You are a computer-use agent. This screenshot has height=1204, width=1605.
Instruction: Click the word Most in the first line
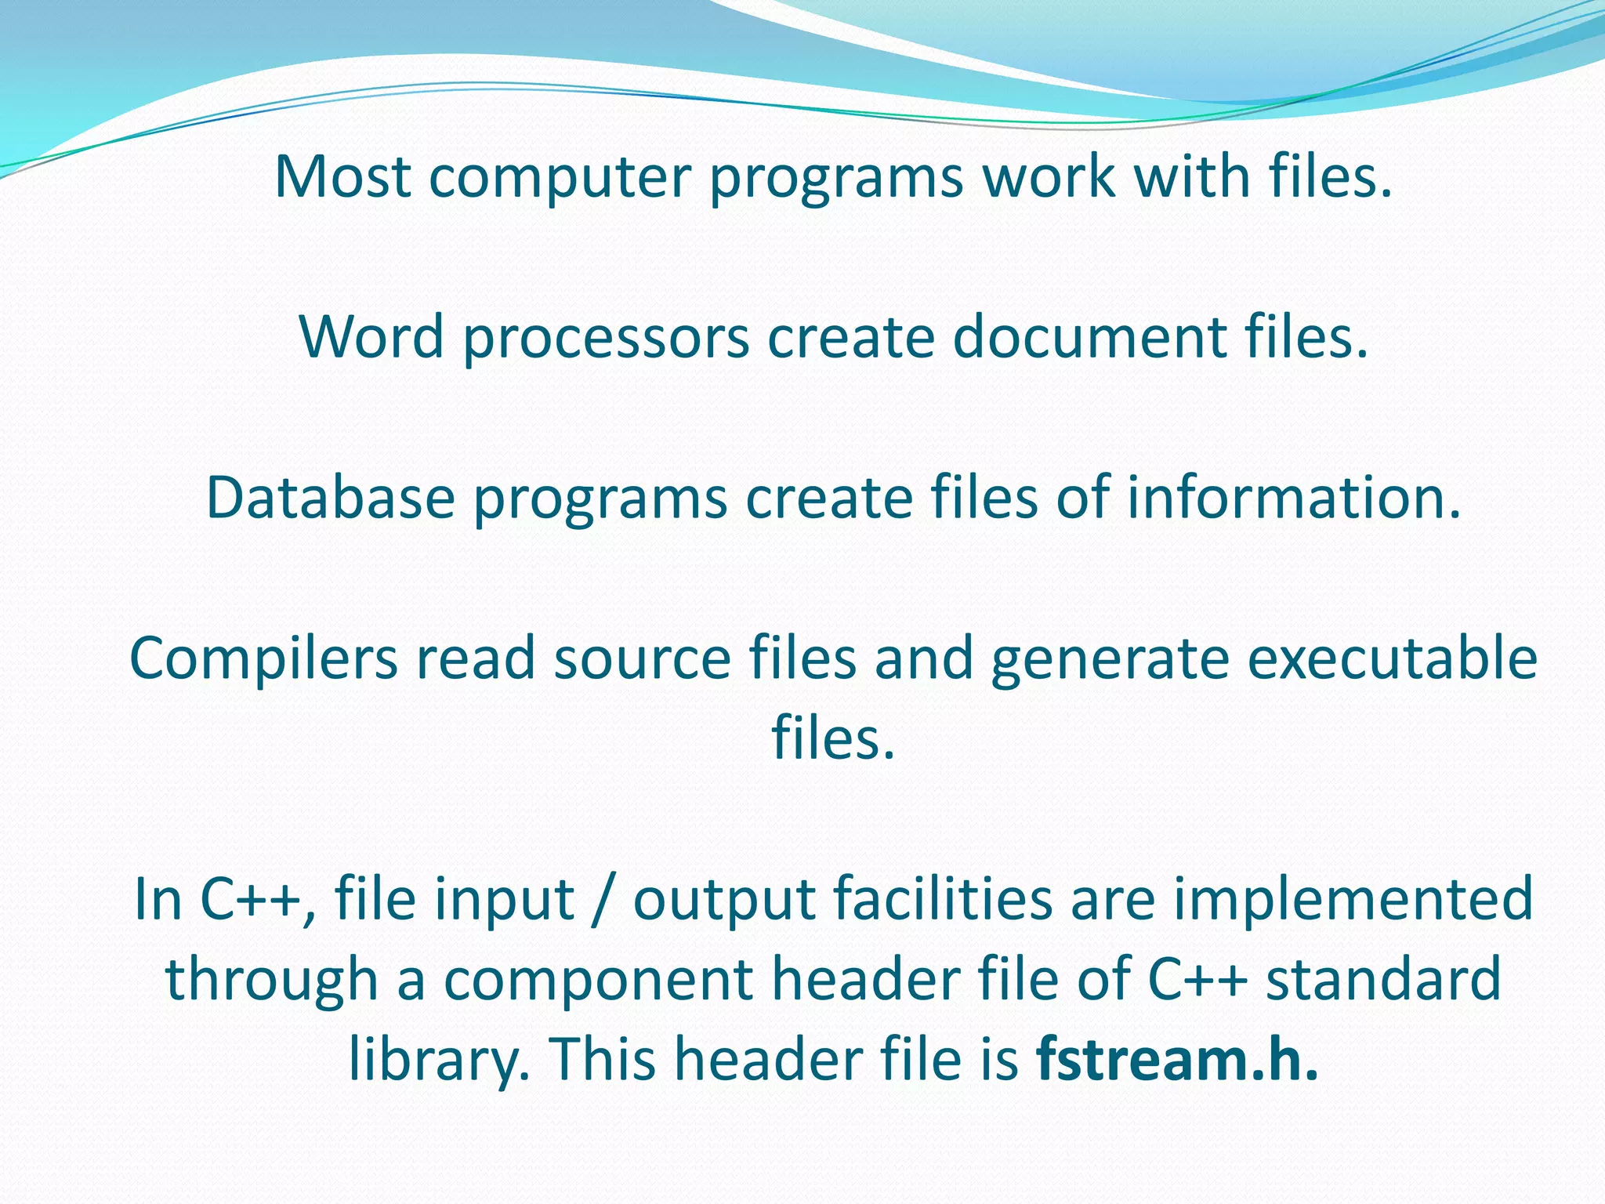click(342, 176)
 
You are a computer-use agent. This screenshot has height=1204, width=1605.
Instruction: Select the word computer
click(560, 178)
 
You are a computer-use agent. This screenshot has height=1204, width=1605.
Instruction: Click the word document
click(1089, 337)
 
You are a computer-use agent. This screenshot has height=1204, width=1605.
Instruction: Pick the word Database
click(330, 498)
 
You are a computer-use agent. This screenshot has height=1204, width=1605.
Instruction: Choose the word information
click(1294, 498)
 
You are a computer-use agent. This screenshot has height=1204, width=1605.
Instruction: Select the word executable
click(1392, 658)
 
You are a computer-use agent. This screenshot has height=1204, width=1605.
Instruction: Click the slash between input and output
click(603, 899)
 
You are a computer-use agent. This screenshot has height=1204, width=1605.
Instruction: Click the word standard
click(1383, 980)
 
